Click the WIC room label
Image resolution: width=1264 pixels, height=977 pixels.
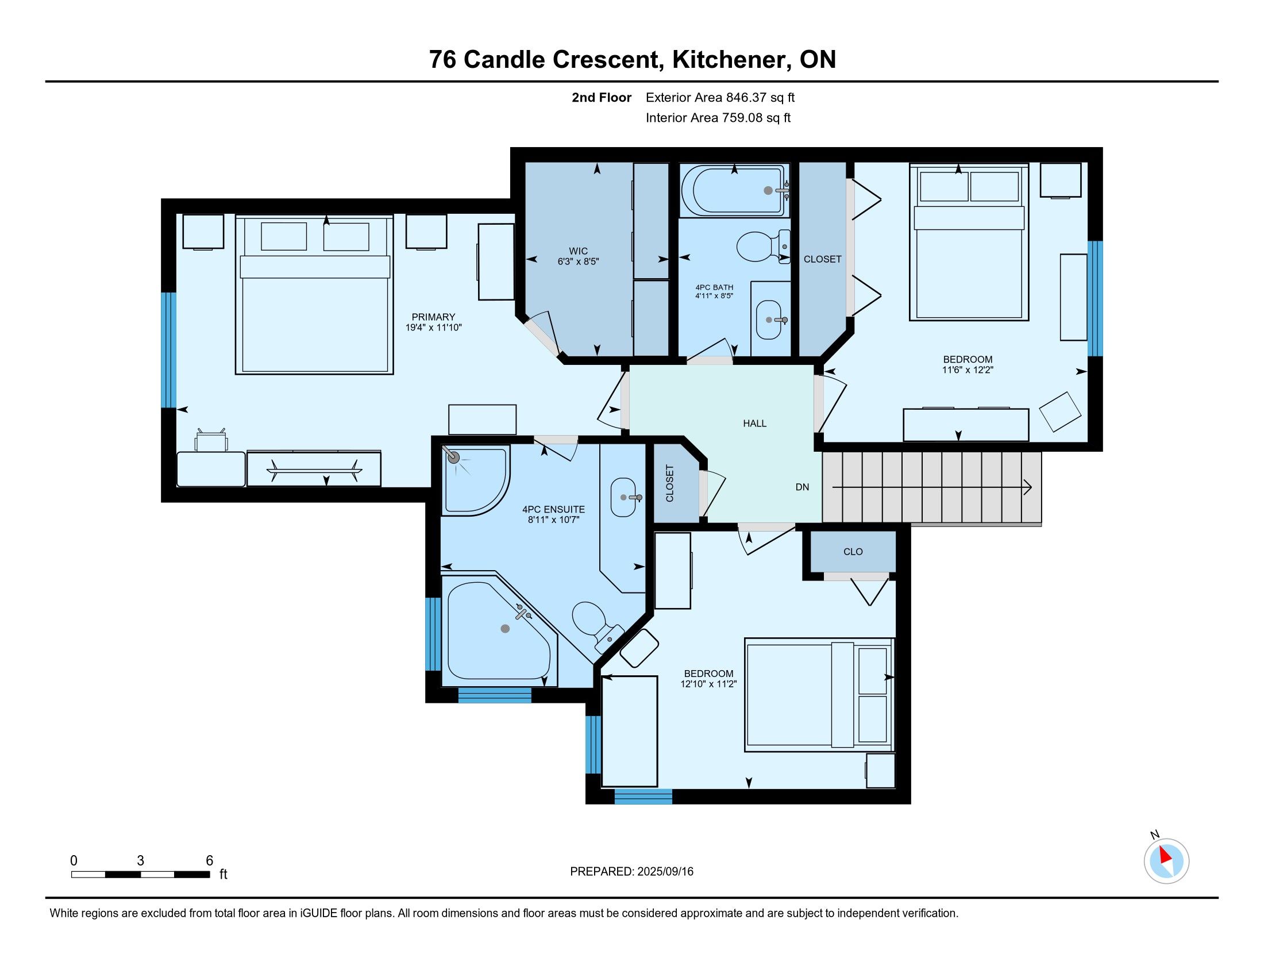click(x=578, y=251)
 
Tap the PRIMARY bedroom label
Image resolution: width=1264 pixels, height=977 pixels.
click(x=433, y=317)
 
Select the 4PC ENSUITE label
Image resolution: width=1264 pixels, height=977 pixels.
click(x=553, y=509)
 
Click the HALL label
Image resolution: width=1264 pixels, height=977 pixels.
click(x=755, y=424)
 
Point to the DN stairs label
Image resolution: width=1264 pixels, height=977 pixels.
click(x=802, y=487)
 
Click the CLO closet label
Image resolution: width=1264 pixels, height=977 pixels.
click(x=853, y=552)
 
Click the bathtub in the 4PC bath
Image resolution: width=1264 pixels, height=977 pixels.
click(x=734, y=190)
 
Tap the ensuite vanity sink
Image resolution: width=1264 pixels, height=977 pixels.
click(x=624, y=497)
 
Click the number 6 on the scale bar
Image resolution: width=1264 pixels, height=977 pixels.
click(x=210, y=861)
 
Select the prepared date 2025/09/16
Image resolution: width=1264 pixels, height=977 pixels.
click(x=665, y=872)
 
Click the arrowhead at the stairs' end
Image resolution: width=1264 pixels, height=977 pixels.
click(x=1028, y=487)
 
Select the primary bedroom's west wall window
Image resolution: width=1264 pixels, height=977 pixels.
click(x=168, y=350)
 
